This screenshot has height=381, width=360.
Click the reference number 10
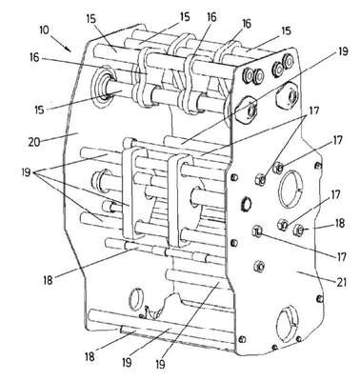pyautogui.click(x=44, y=30)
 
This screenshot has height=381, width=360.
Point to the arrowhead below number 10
pyautogui.click(x=69, y=49)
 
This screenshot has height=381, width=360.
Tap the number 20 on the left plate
pyautogui.click(x=34, y=142)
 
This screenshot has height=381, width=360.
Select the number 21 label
pyautogui.click(x=341, y=282)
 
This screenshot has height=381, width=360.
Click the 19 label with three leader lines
pyautogui.click(x=28, y=172)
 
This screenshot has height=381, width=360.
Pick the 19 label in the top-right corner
pyautogui.click(x=342, y=51)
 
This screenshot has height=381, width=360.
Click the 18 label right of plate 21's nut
pyautogui.click(x=339, y=223)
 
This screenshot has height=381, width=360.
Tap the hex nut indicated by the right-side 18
pyautogui.click(x=298, y=230)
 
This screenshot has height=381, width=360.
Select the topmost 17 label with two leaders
pyautogui.click(x=312, y=110)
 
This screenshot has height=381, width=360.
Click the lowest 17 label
pyautogui.click(x=341, y=256)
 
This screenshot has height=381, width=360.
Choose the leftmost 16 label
pyautogui.click(x=35, y=58)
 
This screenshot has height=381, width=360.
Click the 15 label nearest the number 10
pyautogui.click(x=91, y=19)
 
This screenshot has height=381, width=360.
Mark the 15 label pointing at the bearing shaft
pyautogui.click(x=40, y=110)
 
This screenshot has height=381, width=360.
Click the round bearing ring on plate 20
pyautogui.click(x=103, y=87)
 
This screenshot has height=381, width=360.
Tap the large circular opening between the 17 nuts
pyautogui.click(x=290, y=189)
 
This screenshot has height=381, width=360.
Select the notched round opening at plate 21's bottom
pyautogui.click(x=287, y=325)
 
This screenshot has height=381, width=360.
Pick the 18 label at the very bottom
pyautogui.click(x=90, y=356)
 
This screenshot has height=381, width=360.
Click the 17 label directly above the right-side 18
pyautogui.click(x=335, y=194)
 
